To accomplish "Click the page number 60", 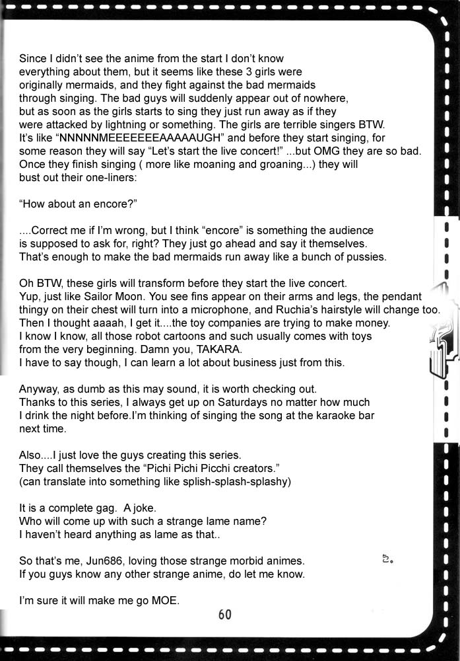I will (225, 615).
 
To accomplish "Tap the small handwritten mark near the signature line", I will (387, 560).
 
